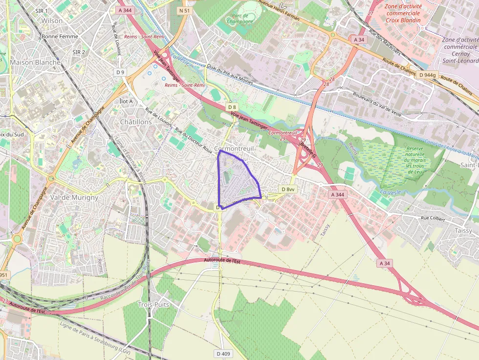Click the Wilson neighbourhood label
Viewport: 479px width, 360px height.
coord(52,21)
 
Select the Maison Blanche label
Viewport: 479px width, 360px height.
coord(35,63)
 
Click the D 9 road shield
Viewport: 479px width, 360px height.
coord(120,72)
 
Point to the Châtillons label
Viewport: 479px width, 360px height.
coord(136,122)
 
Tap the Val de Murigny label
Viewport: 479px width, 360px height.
coord(74,197)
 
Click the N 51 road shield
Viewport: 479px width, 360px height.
coord(184,10)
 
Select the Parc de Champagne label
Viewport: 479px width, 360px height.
coord(240,18)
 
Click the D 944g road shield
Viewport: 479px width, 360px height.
coord(428,75)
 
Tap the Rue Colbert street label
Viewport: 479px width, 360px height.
coord(433,219)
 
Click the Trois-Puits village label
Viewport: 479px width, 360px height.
coord(153,304)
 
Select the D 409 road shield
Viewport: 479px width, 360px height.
coord(223,353)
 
